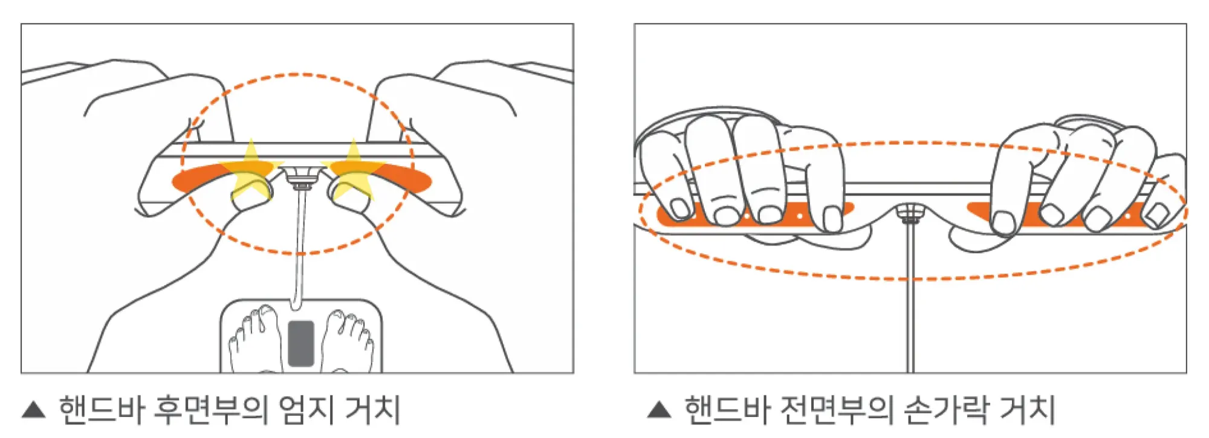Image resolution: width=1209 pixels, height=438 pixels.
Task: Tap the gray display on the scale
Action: point(301,343)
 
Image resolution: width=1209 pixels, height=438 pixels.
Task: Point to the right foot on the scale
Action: point(347,341)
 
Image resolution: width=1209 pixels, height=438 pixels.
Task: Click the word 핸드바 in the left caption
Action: point(102,410)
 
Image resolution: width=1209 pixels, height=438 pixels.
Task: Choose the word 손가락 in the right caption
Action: point(945,410)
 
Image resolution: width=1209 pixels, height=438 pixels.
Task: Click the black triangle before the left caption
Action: point(34,410)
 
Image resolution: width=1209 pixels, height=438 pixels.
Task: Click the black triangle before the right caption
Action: point(659,410)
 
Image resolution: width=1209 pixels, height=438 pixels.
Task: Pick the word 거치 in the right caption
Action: point(1028,410)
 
